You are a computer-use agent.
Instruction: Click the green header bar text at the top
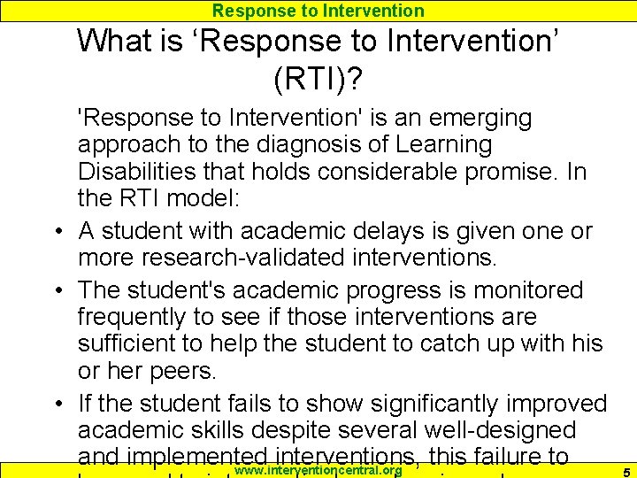click(318, 11)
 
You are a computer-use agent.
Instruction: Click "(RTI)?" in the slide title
click(318, 80)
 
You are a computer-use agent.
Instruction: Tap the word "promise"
click(512, 171)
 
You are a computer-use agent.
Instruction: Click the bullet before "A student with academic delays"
click(56, 232)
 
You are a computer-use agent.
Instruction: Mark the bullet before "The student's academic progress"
click(56, 291)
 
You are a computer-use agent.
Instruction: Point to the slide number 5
click(625, 471)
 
